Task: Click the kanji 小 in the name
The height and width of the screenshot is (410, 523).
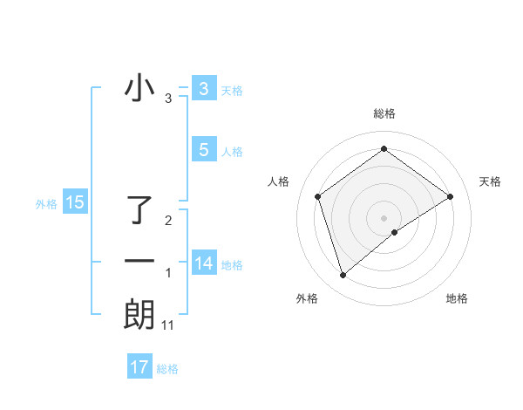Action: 139,88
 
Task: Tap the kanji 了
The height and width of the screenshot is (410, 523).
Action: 139,209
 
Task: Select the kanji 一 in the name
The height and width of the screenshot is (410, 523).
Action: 139,261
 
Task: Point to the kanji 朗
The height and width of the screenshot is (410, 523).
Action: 139,314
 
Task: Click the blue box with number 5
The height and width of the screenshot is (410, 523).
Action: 204,150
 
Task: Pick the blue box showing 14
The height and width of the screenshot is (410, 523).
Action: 204,263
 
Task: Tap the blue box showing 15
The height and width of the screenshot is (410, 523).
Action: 75,203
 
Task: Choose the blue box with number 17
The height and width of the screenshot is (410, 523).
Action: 139,367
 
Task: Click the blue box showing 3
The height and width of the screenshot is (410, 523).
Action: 204,89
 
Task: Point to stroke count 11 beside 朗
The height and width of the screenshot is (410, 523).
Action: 168,325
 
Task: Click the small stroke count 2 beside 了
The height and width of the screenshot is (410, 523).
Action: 168,221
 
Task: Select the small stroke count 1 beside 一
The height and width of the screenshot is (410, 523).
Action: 168,274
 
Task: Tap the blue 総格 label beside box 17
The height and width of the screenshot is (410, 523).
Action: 167,369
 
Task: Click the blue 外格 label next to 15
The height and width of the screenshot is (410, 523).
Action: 46,204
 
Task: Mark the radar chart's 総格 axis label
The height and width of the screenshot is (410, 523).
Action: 384,114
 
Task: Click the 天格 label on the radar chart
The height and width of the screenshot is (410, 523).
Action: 491,181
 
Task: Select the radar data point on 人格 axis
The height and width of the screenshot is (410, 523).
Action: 318,196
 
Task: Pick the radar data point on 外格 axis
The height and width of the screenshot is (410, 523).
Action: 343,276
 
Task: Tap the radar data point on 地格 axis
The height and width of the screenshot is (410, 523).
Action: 395,231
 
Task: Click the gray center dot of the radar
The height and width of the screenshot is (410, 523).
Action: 384,216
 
